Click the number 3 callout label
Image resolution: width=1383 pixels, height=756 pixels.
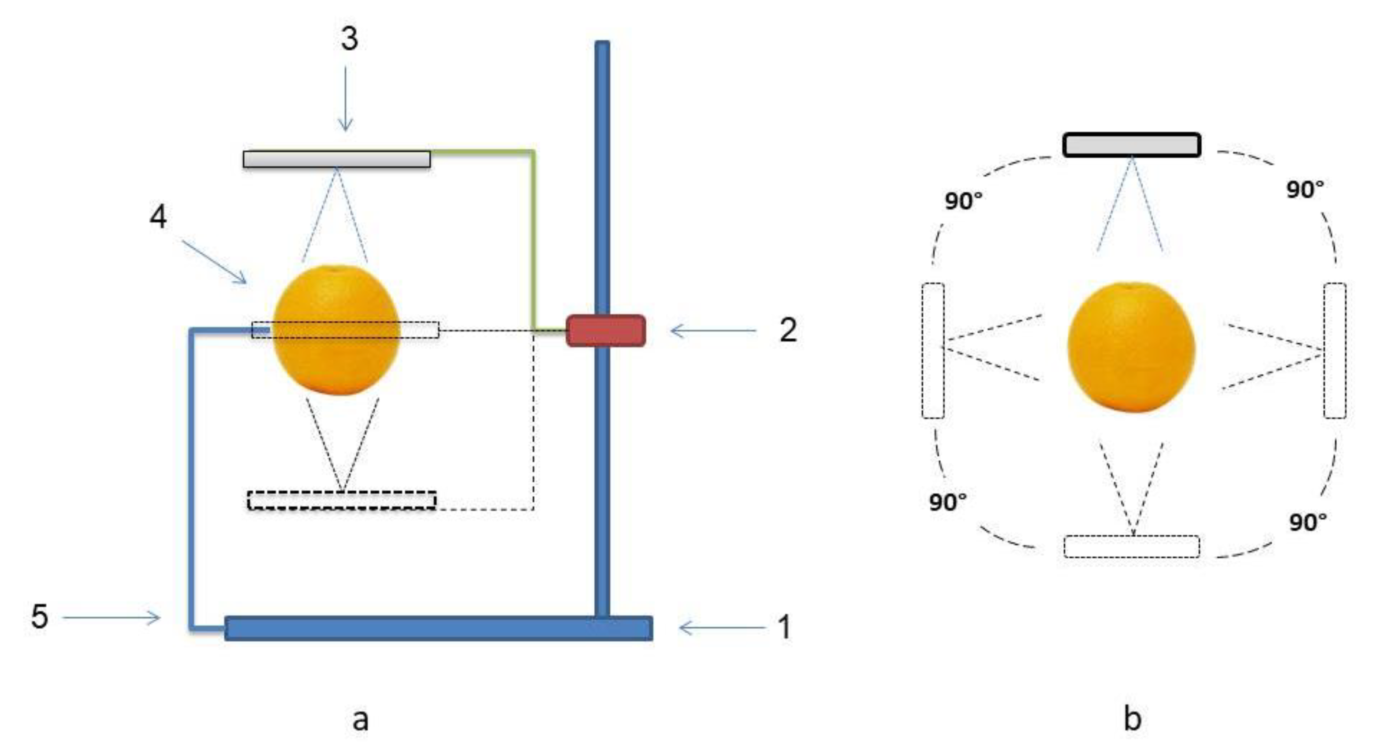click(350, 39)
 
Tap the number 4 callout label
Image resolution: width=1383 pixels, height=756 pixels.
click(158, 217)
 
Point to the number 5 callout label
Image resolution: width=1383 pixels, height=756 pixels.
click(39, 616)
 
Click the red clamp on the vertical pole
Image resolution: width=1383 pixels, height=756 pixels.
click(606, 331)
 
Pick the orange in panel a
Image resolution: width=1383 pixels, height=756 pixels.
click(337, 330)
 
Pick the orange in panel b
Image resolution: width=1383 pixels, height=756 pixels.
click(1131, 347)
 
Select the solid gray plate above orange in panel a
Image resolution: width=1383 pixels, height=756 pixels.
click(337, 160)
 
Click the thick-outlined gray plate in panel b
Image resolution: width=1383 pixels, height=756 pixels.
click(1132, 145)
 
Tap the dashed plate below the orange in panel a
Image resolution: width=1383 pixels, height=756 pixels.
click(342, 500)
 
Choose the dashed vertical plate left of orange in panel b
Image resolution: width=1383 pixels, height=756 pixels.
click(933, 350)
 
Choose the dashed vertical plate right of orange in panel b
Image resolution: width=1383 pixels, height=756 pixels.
click(1335, 350)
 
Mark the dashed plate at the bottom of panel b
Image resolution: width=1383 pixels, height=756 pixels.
click(1132, 547)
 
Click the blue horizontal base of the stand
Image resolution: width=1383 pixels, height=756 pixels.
click(439, 628)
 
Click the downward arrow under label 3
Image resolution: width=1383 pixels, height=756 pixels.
click(346, 99)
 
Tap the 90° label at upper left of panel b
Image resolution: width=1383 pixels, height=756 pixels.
click(964, 201)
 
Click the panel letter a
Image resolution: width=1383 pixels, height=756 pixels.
click(360, 719)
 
